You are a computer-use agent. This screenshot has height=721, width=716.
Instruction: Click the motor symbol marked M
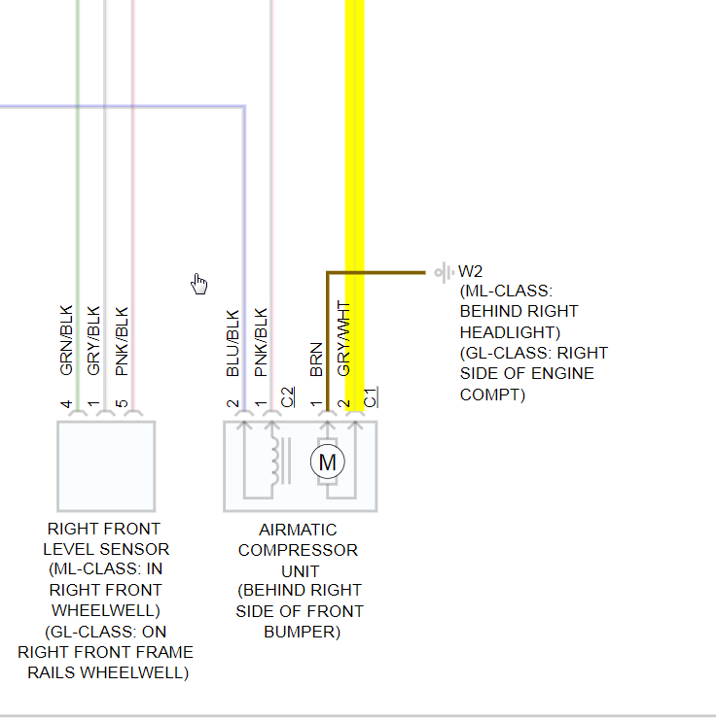(x=327, y=463)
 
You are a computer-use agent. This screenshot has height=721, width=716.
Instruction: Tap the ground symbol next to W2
(x=444, y=272)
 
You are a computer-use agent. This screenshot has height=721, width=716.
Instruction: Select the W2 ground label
(x=471, y=271)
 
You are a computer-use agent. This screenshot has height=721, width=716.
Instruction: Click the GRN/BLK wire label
(x=67, y=341)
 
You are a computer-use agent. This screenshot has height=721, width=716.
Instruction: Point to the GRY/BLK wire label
(x=94, y=341)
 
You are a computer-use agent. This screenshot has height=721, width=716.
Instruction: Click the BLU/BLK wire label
(x=233, y=343)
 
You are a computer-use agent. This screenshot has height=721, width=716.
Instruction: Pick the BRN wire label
(x=316, y=360)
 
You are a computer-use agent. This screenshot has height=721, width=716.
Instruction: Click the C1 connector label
(x=370, y=396)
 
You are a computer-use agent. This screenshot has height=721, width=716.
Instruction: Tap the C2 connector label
(x=287, y=396)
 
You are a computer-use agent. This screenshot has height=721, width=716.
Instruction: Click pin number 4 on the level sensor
(x=67, y=403)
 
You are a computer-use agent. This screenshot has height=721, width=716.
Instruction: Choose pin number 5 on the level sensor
(x=122, y=403)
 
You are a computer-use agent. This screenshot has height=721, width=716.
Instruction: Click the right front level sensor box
(x=106, y=465)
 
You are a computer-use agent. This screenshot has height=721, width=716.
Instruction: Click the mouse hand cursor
(x=199, y=283)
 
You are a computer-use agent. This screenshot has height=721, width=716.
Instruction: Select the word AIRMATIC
(x=298, y=530)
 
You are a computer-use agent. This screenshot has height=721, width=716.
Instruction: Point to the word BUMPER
(x=302, y=632)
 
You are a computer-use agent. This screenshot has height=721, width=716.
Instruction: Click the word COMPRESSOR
(x=298, y=550)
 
